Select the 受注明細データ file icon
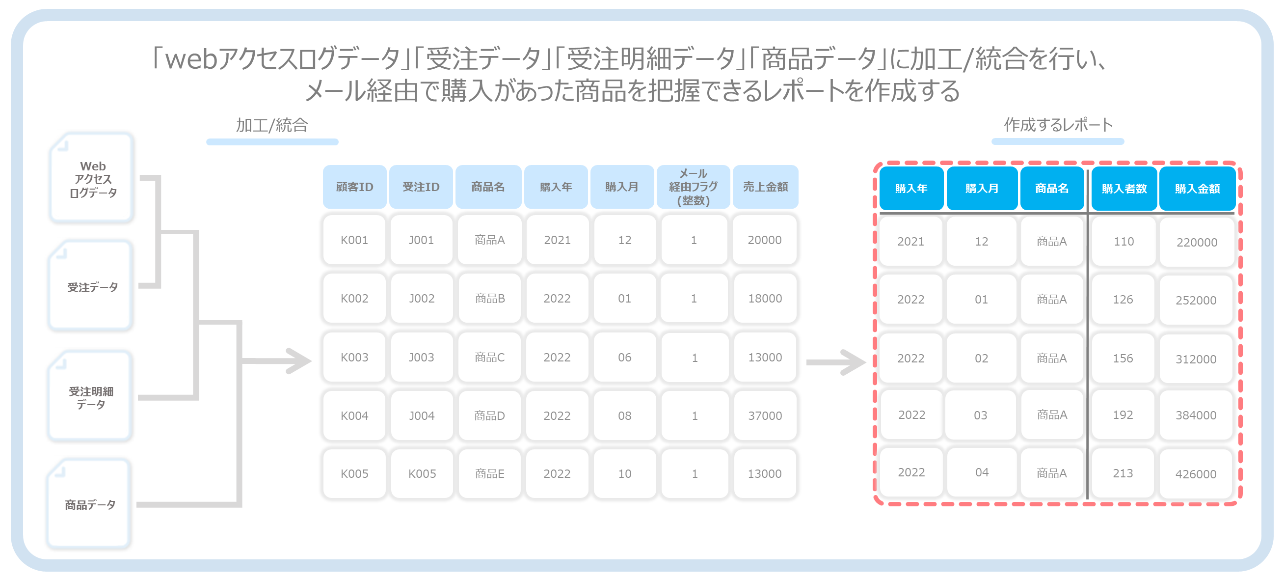pos(90,396)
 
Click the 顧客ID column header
pos(354,187)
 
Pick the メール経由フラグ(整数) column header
pos(694,187)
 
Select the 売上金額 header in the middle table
pos(766,187)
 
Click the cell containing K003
pos(354,357)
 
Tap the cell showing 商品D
pos(489,415)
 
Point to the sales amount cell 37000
pos(765,415)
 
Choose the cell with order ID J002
pos(422,298)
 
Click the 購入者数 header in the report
pos(1124,189)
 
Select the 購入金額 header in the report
pos(1197,189)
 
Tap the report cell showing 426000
pos(1196,474)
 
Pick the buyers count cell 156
pos(1123,358)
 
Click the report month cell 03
pos(981,415)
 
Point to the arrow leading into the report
pos(836,362)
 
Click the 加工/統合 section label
pos(272,125)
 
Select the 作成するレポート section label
pos(1058,125)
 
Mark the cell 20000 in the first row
pos(765,240)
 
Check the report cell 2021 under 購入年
pos(910,241)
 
